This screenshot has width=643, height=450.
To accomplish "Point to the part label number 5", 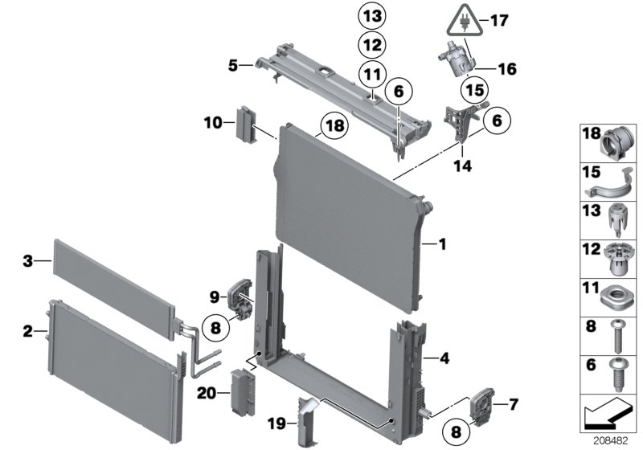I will [x=232, y=65].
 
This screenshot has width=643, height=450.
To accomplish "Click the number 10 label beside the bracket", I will [x=211, y=123].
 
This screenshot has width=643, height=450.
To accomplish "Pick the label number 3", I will [x=28, y=261].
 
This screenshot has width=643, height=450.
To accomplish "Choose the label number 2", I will [x=28, y=330].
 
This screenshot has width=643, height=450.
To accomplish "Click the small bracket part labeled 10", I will [x=244, y=123].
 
